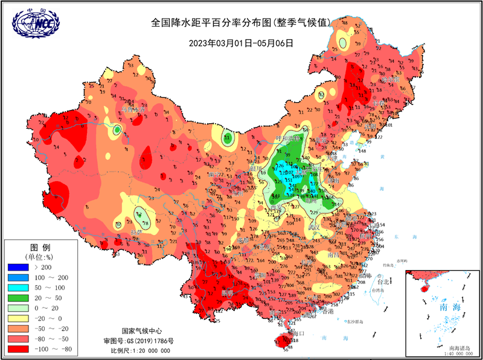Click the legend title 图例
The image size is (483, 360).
pyautogui.click(x=40, y=248)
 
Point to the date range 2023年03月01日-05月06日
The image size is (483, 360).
pyautogui.click(x=241, y=43)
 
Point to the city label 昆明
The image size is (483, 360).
pyautogui.click(x=228, y=292)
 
